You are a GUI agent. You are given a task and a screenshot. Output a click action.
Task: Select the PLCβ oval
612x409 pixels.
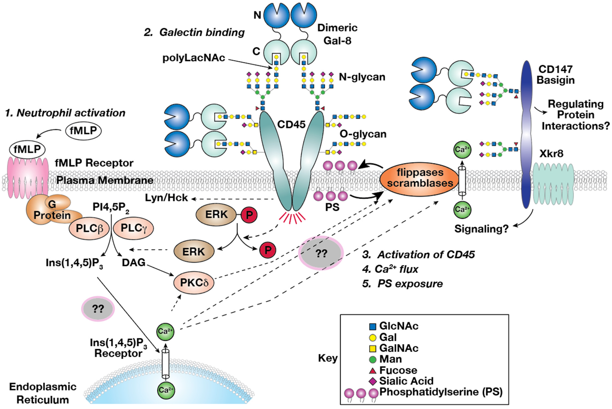click(x=89, y=229)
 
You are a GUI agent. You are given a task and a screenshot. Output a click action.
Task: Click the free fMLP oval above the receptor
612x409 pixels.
click(x=83, y=130)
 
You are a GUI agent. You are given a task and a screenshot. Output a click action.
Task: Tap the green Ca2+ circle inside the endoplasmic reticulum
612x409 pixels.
click(x=166, y=390)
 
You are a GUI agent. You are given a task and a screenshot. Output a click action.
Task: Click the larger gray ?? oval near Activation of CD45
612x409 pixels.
click(x=321, y=253)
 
